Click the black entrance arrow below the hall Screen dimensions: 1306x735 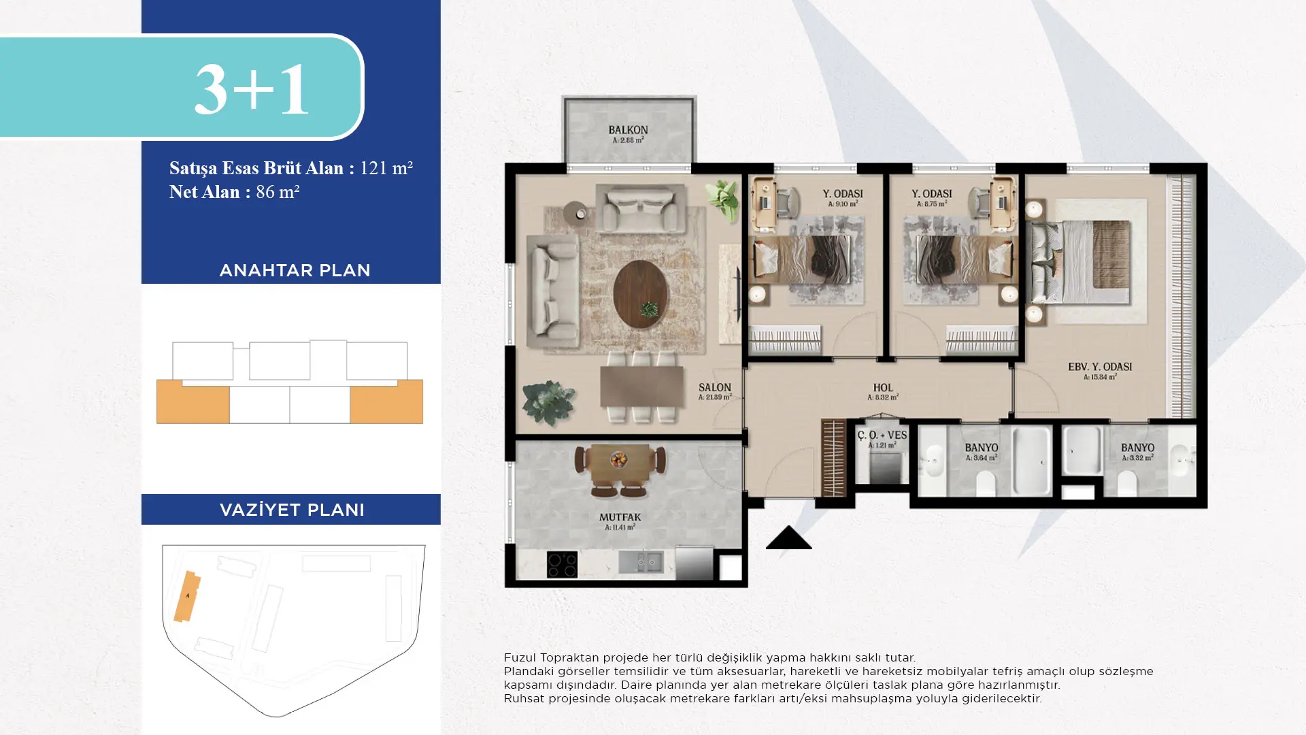(788, 537)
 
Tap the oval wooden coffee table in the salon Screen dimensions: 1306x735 (640, 295)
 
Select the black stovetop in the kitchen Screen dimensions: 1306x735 (562, 565)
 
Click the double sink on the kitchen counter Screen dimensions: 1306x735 (640, 561)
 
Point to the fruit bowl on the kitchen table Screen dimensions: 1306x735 (619, 459)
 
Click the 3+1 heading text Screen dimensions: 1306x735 (252, 89)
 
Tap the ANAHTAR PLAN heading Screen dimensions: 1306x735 (295, 270)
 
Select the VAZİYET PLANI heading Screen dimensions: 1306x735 (292, 510)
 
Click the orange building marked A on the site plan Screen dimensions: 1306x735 (187, 596)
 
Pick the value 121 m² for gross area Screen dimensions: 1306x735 (386, 167)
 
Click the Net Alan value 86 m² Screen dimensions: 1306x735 (278, 192)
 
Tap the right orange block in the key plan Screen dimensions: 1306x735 (386, 402)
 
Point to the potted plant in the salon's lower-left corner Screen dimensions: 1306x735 (548, 403)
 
